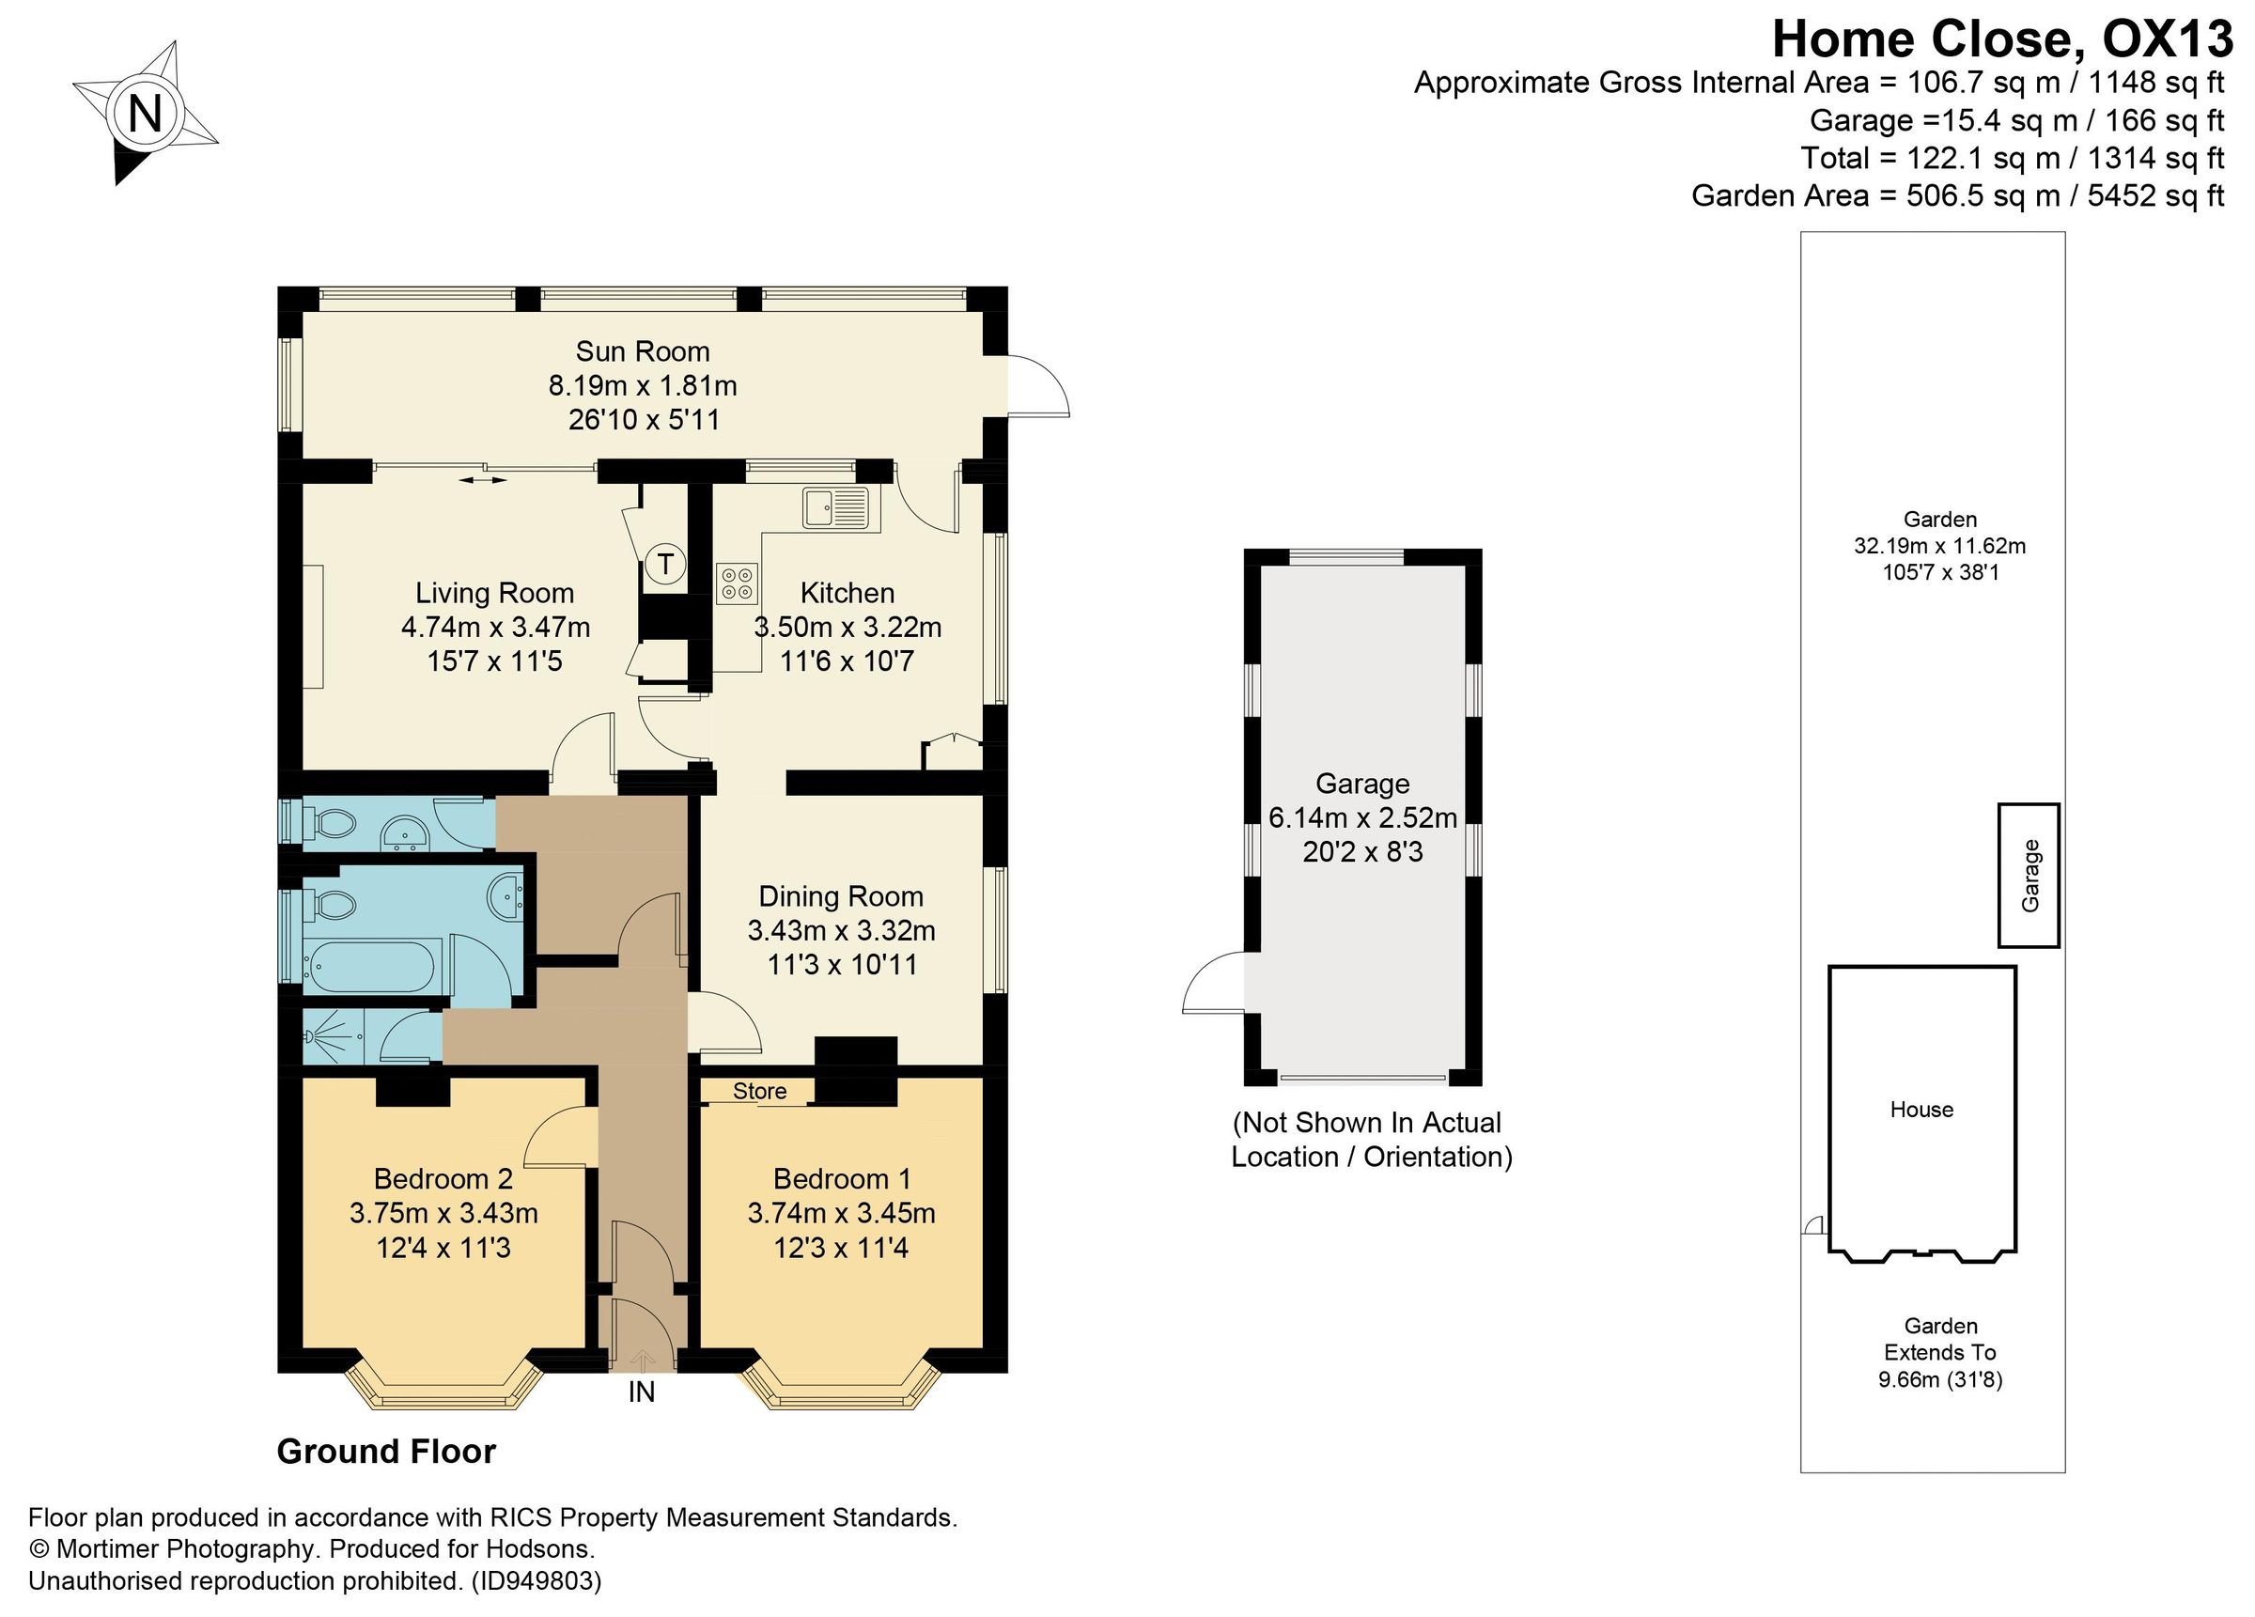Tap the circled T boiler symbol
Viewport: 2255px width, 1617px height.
[x=665, y=565]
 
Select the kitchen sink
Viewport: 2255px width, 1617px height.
[x=834, y=507]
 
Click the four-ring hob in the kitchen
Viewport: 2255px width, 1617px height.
[x=737, y=583]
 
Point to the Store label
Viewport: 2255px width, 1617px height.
[x=759, y=1091]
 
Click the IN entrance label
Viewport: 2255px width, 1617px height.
[x=642, y=1392]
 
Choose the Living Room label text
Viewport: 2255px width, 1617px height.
[x=494, y=594]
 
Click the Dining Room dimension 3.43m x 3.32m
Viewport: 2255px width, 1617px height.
[x=841, y=931]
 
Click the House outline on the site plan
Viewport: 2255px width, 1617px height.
[x=1921, y=1110]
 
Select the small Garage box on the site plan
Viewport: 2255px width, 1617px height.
[x=2029, y=875]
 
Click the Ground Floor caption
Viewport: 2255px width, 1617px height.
[x=386, y=1452]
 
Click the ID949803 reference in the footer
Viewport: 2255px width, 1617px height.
[x=536, y=1581]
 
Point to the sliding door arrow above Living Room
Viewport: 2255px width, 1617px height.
[x=483, y=481]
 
